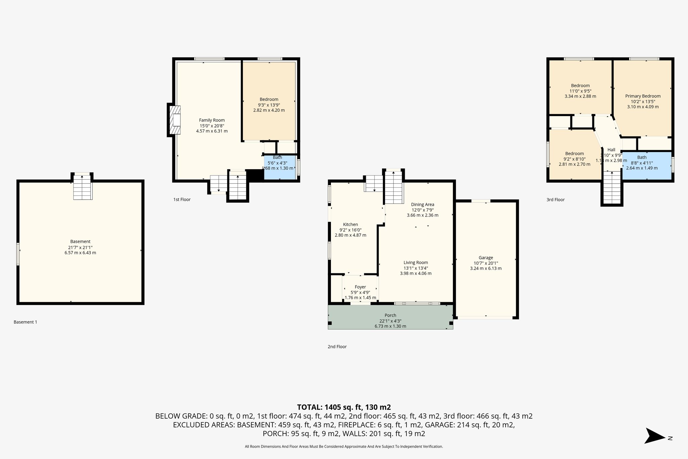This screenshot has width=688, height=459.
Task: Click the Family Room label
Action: click(x=212, y=120)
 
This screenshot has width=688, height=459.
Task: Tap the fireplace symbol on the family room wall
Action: click(x=175, y=120)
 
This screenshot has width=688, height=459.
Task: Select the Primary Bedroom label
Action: click(x=643, y=96)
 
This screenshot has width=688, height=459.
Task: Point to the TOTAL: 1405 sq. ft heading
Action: click(x=344, y=407)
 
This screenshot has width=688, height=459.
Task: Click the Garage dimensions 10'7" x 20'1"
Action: click(x=485, y=263)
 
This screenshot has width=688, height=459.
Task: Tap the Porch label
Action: click(x=390, y=315)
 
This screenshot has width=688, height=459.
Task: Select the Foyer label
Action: click(x=360, y=287)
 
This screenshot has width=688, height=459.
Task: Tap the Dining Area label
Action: click(x=422, y=204)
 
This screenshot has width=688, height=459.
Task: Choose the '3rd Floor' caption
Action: click(x=555, y=200)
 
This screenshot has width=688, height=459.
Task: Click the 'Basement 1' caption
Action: click(x=25, y=322)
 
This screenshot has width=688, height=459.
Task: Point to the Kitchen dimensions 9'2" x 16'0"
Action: click(x=350, y=230)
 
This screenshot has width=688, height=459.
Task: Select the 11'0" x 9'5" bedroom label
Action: click(x=580, y=91)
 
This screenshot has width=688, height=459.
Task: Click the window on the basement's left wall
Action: click(x=18, y=254)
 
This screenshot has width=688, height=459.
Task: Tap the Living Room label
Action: click(x=416, y=263)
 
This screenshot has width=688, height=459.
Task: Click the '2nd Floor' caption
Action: click(x=337, y=347)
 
